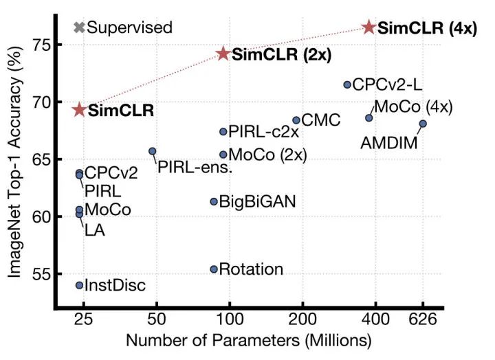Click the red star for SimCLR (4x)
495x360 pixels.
point(369,27)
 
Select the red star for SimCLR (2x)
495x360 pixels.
point(223,54)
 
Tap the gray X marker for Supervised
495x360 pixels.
point(79,27)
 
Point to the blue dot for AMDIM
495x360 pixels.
point(423,124)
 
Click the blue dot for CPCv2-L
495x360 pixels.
point(347,85)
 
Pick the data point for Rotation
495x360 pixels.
point(214,269)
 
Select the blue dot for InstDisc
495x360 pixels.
point(79,285)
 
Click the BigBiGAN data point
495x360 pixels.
point(214,201)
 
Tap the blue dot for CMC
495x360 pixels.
point(296,120)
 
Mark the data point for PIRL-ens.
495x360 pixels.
point(153,151)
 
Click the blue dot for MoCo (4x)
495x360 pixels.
point(369,118)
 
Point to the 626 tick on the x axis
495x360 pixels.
point(423,320)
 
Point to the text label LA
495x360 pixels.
point(93,229)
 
